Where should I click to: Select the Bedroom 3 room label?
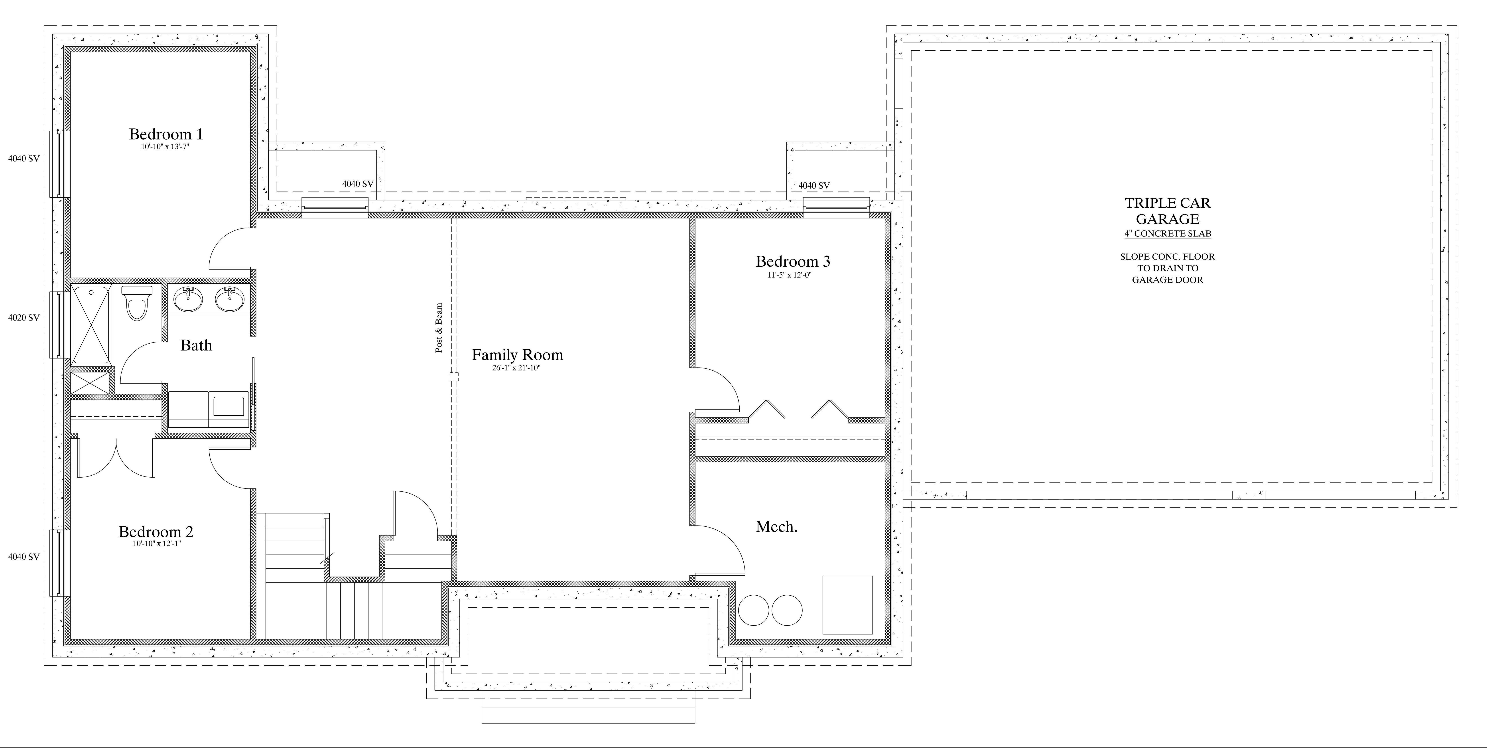793,261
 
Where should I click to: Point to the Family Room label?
517,355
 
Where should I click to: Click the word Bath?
196,346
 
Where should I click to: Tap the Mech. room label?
777,527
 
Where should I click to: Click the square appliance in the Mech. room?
847,605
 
